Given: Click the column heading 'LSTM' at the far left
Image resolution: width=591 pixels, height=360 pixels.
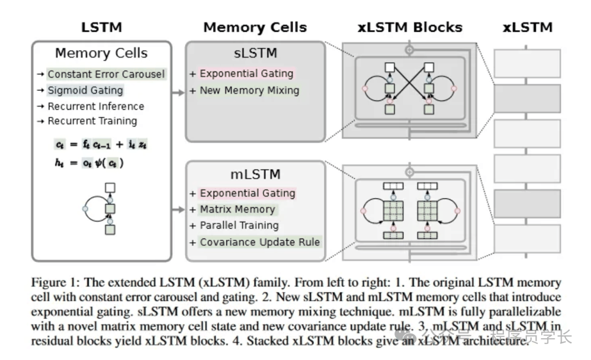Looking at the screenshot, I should [101, 27].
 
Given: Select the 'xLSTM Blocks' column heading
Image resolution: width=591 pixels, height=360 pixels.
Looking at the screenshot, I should [410, 27].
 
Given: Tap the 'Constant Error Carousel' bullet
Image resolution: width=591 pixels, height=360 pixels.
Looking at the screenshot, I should [106, 74].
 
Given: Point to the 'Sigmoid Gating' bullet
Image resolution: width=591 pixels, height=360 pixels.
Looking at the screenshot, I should [85, 90].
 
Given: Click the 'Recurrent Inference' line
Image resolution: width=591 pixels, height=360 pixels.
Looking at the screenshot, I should [96, 106].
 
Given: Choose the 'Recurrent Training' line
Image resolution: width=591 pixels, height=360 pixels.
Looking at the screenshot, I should [92, 121].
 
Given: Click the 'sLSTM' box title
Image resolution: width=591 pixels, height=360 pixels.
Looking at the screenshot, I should [255, 53].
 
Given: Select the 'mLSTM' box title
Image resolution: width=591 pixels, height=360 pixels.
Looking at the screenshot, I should [255, 175].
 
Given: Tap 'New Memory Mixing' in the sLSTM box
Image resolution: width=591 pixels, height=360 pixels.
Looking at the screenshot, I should [249, 90].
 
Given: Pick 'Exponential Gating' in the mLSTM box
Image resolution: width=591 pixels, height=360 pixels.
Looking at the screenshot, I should [247, 193].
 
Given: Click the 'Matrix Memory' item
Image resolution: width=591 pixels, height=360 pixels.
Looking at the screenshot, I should [237, 209].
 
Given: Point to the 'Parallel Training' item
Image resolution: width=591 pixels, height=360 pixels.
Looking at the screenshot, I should [239, 225].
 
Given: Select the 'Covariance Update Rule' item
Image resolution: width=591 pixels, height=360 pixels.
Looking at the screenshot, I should [259, 242].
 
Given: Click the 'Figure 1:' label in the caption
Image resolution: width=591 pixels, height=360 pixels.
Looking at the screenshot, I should [54, 283].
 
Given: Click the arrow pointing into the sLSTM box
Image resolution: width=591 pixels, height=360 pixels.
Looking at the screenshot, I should [178, 94].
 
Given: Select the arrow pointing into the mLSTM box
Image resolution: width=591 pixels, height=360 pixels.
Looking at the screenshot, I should [178, 209].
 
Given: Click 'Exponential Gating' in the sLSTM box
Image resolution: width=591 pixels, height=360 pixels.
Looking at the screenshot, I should [247, 74].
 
